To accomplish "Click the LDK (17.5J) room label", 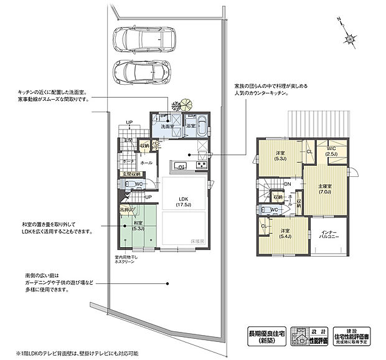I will pyautogui.click(x=184, y=200).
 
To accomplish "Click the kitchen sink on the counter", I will pyautogui.click(x=179, y=166).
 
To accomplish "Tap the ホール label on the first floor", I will pyautogui.click(x=146, y=163).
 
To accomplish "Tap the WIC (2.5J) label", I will pyautogui.click(x=331, y=150).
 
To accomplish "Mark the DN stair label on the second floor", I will pyautogui.click(x=288, y=184).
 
